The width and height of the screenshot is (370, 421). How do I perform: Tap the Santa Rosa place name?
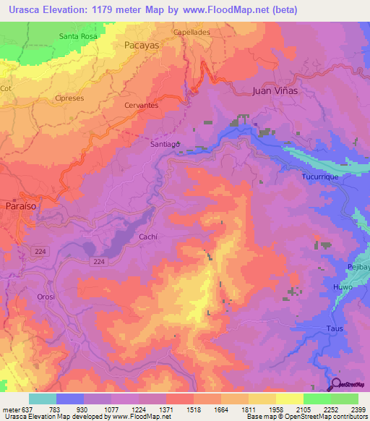click(x=78, y=35)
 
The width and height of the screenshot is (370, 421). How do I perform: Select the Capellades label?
click(x=191, y=33)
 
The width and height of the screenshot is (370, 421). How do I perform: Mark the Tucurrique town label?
click(x=320, y=176)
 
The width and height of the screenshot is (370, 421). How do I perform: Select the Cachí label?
click(x=149, y=237)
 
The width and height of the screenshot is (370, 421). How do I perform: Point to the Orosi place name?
click(x=46, y=297)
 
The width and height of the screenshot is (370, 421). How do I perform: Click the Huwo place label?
click(x=343, y=287)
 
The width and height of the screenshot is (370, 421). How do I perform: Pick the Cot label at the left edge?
click(x=7, y=88)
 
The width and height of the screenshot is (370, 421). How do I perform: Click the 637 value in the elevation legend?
click(x=22, y=409)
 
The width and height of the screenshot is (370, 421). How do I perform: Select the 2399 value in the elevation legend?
click(x=358, y=409)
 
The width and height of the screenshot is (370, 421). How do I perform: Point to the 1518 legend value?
click(x=193, y=409)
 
